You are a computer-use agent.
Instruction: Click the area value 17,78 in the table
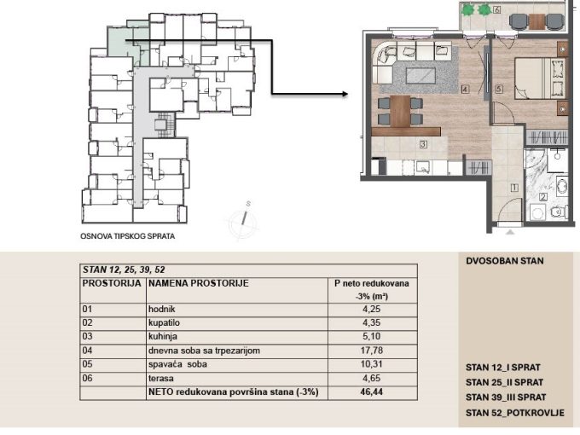[x=371, y=351]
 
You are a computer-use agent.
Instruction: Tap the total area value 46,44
[x=371, y=392]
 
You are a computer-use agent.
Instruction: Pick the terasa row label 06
[x=87, y=378]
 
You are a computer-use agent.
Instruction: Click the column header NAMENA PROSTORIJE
[x=198, y=283]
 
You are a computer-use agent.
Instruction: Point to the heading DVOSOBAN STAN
[x=505, y=261]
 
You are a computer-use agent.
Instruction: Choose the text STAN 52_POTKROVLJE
[x=515, y=413]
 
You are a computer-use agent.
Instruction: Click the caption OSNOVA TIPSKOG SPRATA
[x=128, y=236]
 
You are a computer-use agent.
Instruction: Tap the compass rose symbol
[x=242, y=220]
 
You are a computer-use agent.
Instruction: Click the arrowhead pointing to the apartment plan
[x=345, y=94]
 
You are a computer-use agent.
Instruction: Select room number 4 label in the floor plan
[x=465, y=90]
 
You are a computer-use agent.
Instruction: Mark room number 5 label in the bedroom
[x=499, y=90]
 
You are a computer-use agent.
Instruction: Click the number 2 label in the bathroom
[x=543, y=197]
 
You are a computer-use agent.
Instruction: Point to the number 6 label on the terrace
[x=496, y=9]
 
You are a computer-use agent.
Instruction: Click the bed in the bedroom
[x=540, y=78]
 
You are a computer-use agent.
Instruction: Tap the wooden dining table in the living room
[x=400, y=111]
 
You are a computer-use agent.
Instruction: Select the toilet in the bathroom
[x=560, y=212]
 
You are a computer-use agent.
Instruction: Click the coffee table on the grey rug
[x=420, y=76]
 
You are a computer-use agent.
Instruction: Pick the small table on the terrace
[x=536, y=21]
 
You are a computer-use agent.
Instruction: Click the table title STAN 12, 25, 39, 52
[x=124, y=270]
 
